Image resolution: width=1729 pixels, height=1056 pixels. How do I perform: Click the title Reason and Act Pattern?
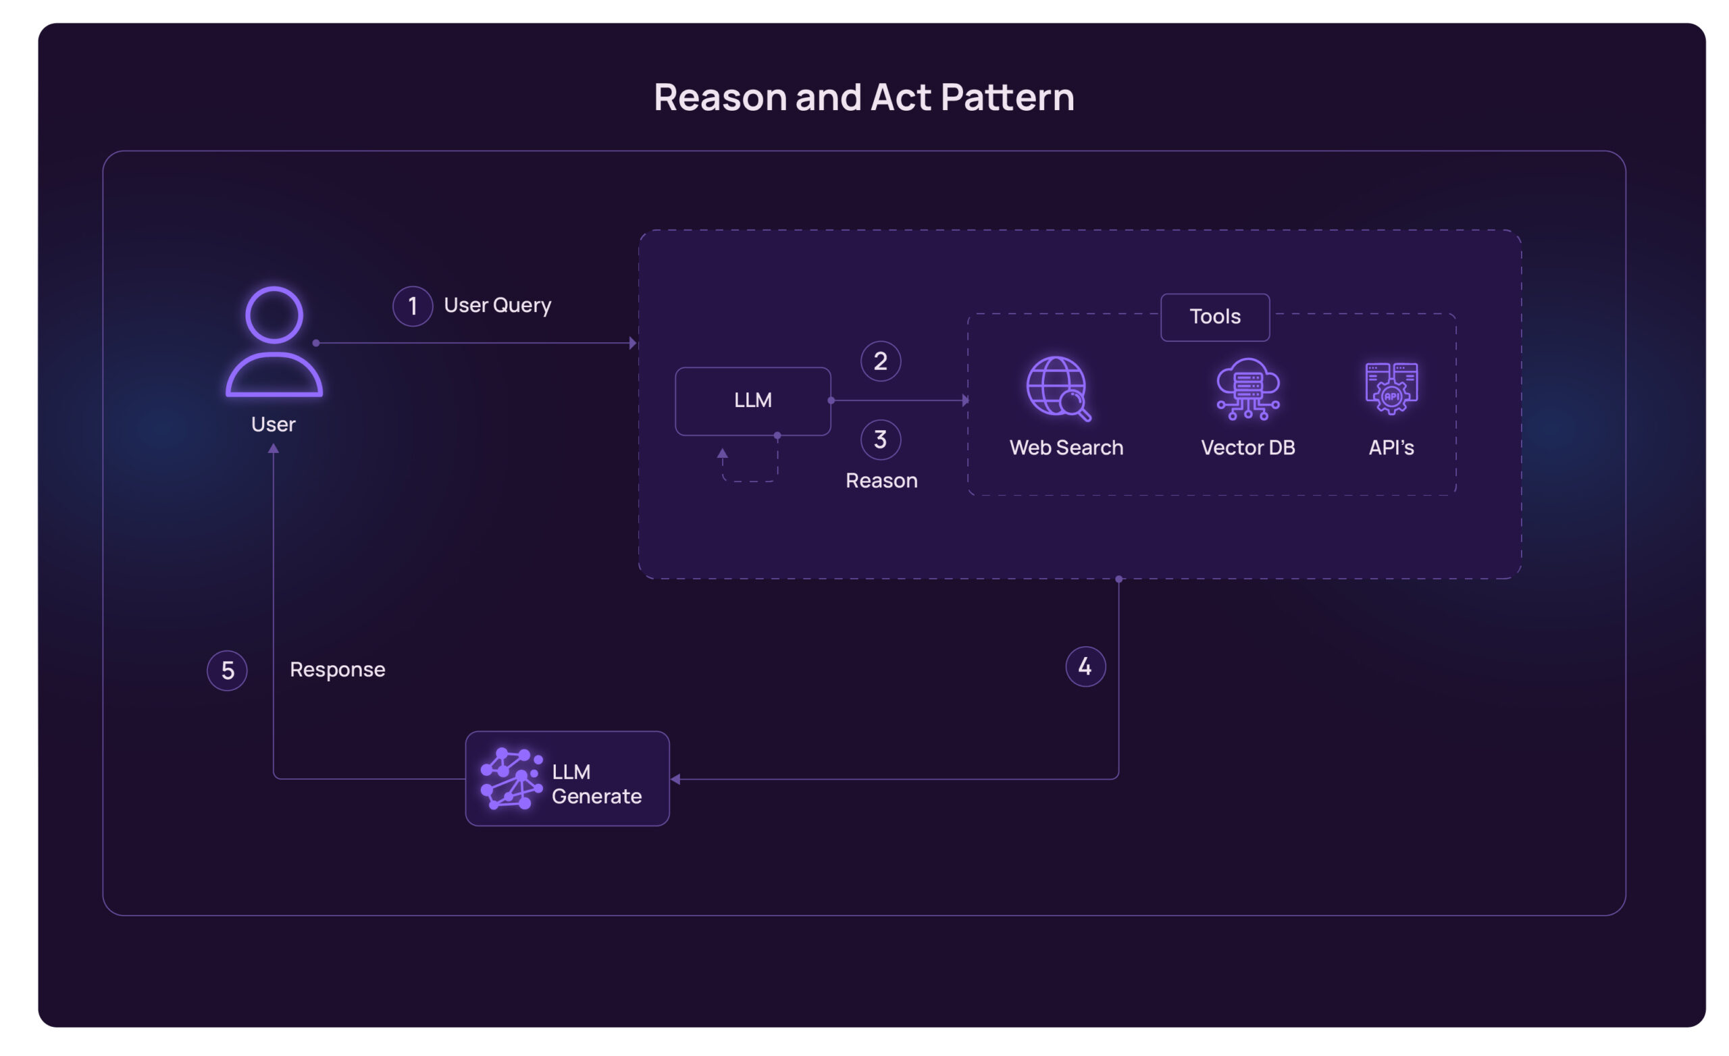coord(864,97)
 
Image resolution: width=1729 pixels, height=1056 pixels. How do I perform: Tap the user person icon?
coord(274,342)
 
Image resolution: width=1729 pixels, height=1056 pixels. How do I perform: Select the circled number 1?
coord(413,306)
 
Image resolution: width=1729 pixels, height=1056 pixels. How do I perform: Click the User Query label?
coord(498,305)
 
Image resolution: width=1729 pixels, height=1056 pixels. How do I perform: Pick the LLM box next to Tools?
coord(752,400)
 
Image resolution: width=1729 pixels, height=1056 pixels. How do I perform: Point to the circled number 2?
coord(881,361)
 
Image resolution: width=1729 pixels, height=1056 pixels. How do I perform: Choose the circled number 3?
coord(881,440)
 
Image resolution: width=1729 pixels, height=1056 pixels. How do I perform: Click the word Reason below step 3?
coord(881,481)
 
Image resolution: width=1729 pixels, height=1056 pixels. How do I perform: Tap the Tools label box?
coord(1214,317)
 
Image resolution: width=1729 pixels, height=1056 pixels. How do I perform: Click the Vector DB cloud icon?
coord(1247,388)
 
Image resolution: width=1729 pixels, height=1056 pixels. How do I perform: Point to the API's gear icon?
coord(1391,388)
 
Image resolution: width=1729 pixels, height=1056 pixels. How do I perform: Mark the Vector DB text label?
coord(1247,448)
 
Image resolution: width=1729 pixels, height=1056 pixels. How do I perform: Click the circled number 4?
coord(1085,666)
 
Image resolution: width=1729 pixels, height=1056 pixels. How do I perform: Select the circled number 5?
coord(228,670)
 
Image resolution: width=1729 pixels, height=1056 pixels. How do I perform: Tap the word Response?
coord(338,669)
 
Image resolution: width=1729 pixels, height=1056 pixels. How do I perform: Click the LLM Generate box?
coord(567,779)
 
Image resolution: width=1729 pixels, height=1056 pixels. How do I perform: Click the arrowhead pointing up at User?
coord(274,449)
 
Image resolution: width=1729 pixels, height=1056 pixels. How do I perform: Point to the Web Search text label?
coord(1066,448)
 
